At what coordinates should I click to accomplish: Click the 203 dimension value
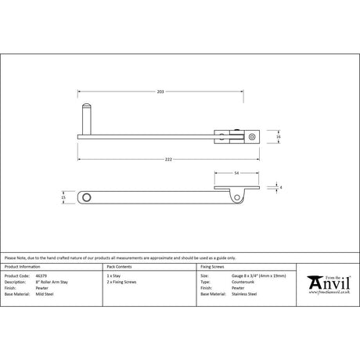(160, 92)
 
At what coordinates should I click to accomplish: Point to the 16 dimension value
(279, 137)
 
